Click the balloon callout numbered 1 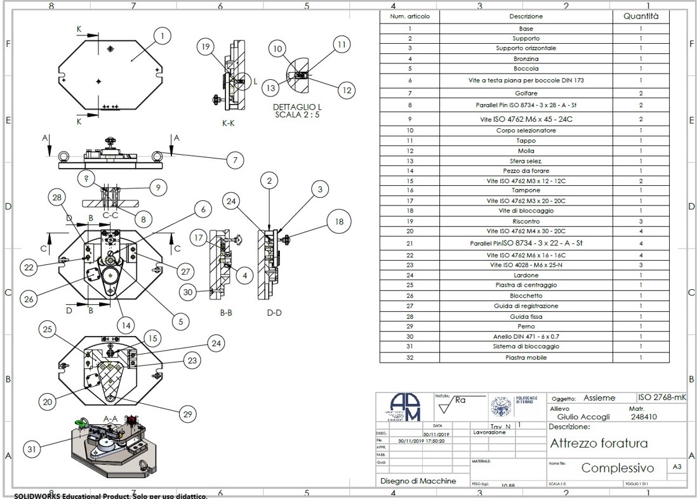pos(163,36)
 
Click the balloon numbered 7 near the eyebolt pos(234,160)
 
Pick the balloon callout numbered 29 pos(187,415)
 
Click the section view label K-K pos(230,124)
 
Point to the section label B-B pos(229,312)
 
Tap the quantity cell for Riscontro pos(641,221)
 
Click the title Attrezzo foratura pos(599,443)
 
